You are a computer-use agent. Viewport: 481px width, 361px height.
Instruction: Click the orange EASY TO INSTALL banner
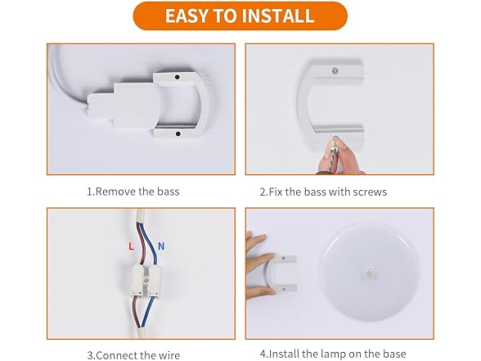tap(240, 16)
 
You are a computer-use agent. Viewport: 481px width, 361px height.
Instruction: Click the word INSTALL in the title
tap(280, 16)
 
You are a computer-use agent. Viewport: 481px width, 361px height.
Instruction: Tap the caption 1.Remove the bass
tap(133, 192)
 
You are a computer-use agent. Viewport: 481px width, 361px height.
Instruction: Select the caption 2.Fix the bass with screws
tap(323, 192)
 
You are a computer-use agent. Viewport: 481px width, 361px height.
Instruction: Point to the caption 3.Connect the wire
tap(133, 354)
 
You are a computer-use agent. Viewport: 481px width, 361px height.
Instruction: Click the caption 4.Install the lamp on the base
tap(333, 354)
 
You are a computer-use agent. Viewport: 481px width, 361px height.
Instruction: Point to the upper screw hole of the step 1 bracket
tap(175, 78)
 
